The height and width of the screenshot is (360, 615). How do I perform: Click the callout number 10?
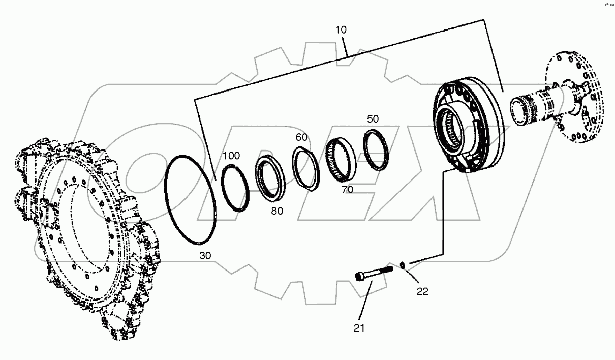coord(341,30)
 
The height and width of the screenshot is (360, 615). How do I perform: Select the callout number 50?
coord(373,119)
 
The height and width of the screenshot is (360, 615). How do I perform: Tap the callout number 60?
coord(302,138)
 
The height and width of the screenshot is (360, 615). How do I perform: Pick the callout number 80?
coord(277,211)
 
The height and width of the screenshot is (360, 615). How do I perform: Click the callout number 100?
coord(232,156)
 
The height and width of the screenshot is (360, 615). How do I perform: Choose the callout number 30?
coord(205,256)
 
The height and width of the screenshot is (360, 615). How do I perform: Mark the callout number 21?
coord(359,328)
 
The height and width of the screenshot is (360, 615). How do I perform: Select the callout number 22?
coord(422,291)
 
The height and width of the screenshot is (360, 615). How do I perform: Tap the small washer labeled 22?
coord(403,264)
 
